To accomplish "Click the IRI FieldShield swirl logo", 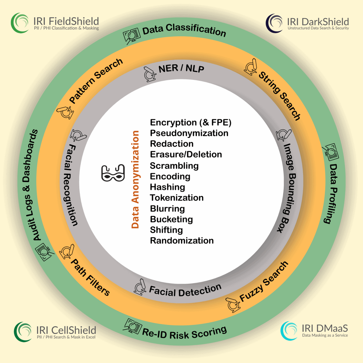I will coord(20,23).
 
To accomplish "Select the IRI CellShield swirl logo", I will coord(23,332).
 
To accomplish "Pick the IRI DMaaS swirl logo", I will coord(289,331).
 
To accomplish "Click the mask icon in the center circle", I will coord(113,173).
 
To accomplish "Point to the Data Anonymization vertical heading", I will coord(135,179).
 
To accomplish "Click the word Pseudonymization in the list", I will coord(189,133).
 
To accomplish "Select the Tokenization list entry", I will coord(177,198).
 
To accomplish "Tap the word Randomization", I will coord(182,240).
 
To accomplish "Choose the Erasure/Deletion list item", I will coord(186,154).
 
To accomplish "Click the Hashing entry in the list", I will coord(167,187).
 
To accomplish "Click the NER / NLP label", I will coord(181,68).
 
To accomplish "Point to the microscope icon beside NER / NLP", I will coord(150,74).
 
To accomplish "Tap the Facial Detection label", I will coord(185,291).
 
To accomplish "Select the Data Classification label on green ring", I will coord(184,30).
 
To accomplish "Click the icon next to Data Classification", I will coord(132,36).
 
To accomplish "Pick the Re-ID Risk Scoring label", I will coord(185,333).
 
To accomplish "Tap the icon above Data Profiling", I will coord(331,152).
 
